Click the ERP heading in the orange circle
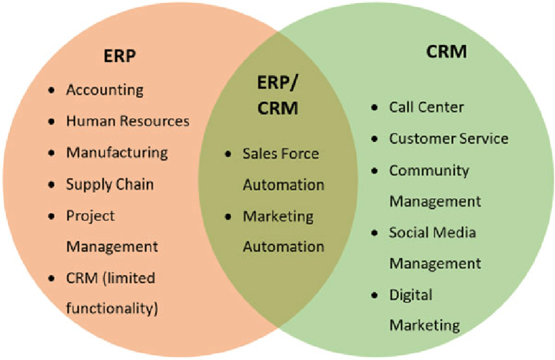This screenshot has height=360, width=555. [119, 56]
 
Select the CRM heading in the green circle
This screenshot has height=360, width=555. [447, 52]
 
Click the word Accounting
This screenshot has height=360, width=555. [104, 90]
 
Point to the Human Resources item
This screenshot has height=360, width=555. [127, 121]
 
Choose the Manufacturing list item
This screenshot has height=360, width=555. [117, 152]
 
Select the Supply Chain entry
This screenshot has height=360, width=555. [110, 184]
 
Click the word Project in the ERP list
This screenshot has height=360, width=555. [90, 215]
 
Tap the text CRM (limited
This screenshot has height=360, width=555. [111, 278]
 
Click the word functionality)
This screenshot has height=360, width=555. [112, 308]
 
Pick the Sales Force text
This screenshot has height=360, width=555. [281, 154]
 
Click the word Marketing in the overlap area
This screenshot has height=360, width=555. [278, 216]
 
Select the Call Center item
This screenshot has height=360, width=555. [426, 106]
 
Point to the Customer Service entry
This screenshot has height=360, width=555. [449, 139]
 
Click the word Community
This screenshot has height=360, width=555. [429, 170]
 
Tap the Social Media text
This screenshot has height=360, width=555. [433, 232]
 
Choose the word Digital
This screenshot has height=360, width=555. [410, 295]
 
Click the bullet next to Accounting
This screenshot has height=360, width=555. [52, 90]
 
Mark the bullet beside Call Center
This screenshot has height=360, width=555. [374, 107]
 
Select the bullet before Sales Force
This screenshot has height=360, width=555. [228, 154]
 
